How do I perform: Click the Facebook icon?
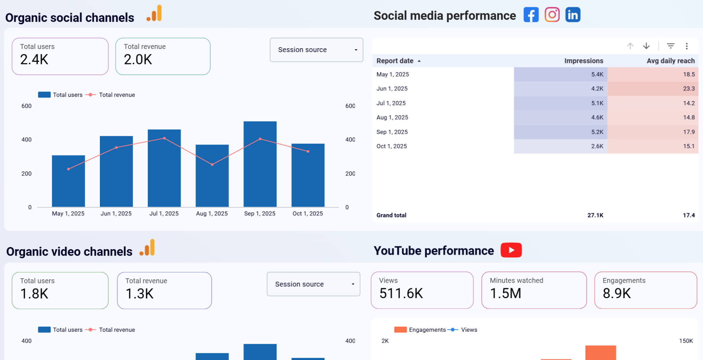coord(531,15)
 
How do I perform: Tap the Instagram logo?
coord(552,15)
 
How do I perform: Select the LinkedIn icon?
coord(573,15)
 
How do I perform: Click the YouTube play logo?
coord(511,250)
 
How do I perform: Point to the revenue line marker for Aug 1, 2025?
coord(212,164)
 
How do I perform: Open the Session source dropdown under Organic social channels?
coord(316,50)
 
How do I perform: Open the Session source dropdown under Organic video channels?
coord(313,284)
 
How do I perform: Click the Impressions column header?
coord(583,61)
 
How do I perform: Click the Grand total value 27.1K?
coord(595,215)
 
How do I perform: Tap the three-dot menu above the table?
coord(686,46)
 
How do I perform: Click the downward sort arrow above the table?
coord(646,46)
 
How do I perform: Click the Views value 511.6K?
coord(401,293)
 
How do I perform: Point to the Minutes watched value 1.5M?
coord(505,293)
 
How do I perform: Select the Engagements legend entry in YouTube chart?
coord(420,330)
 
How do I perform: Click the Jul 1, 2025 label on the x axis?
coord(164,214)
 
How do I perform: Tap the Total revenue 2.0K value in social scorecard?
coord(138,59)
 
